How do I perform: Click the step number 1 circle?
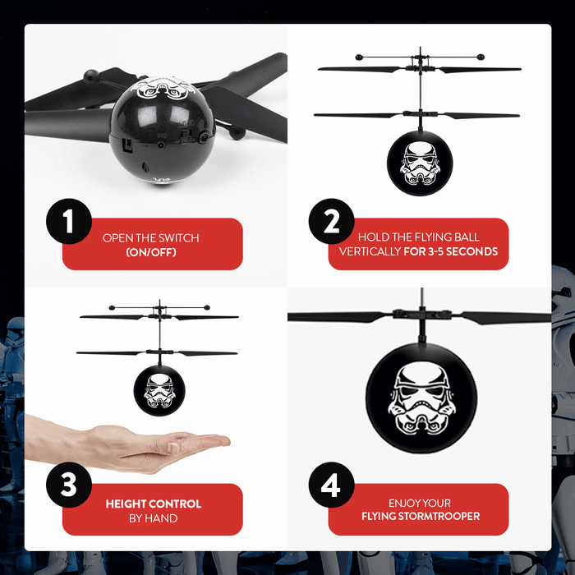click(x=67, y=221)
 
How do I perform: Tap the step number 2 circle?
click(x=332, y=221)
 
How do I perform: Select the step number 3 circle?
click(x=67, y=486)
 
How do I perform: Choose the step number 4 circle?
click(x=332, y=486)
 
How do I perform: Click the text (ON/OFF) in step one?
click(x=151, y=252)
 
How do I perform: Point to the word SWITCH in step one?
click(x=179, y=238)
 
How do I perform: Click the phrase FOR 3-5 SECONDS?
click(x=451, y=251)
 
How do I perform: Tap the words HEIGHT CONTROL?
click(x=153, y=504)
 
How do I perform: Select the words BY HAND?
click(x=153, y=517)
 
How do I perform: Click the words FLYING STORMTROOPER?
click(x=421, y=517)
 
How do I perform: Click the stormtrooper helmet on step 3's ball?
click(x=157, y=391)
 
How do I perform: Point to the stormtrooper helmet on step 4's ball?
click(x=420, y=398)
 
